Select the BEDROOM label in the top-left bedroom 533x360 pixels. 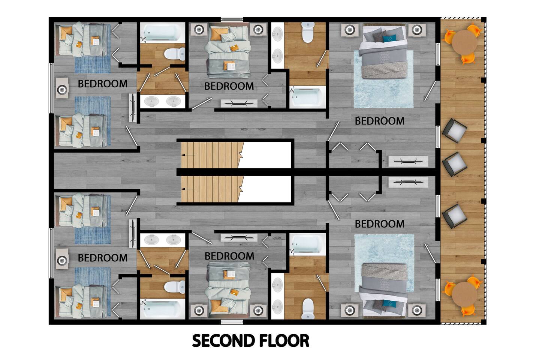[103, 84]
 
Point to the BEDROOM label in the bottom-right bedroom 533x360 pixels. [380, 224]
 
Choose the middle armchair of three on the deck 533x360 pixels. [454, 164]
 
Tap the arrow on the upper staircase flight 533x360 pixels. [188, 155]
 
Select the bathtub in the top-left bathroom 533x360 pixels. [163, 33]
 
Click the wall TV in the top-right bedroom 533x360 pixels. [408, 161]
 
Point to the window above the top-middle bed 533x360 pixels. [232, 19]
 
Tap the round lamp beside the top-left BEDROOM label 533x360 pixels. [62, 90]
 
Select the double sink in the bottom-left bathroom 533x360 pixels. [163, 240]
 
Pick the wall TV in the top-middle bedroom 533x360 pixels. [239, 103]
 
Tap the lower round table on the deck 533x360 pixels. [464, 294]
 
